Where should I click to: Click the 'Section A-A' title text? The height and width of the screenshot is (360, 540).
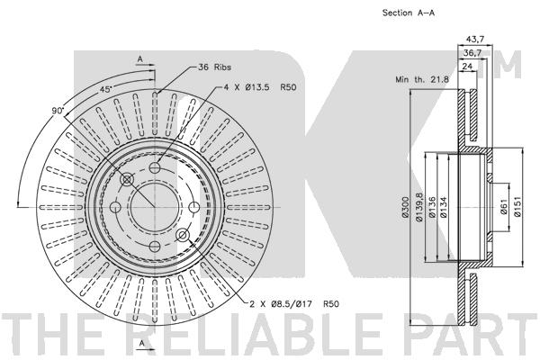[409, 13]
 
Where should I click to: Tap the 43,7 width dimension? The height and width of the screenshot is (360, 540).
[475, 40]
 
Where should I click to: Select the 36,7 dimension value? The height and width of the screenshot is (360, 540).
[472, 53]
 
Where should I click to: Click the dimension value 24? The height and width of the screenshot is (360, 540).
[467, 66]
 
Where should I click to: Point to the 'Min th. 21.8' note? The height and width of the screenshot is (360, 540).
[422, 79]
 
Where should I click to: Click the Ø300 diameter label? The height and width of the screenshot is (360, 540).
[405, 207]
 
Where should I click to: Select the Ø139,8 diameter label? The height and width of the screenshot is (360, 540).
[418, 207]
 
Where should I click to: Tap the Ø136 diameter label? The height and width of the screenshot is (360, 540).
[432, 207]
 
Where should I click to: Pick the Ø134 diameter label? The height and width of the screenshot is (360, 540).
[443, 207]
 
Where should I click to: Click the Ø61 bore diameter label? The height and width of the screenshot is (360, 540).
[503, 207]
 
